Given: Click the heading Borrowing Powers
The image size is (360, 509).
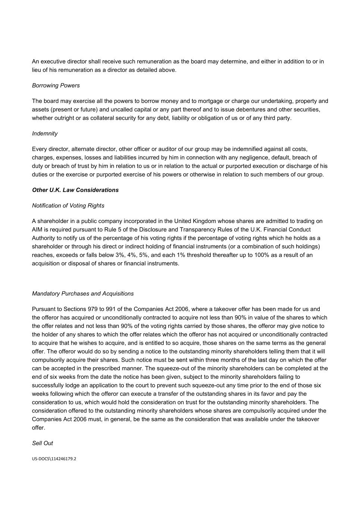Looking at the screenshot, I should (x=56, y=85).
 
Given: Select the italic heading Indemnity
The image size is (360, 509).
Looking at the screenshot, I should (x=45, y=133).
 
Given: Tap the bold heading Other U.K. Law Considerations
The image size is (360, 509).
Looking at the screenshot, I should (x=75, y=190).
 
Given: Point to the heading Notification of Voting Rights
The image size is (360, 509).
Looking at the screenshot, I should (x=68, y=205).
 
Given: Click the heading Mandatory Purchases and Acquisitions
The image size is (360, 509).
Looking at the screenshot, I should (x=82, y=293).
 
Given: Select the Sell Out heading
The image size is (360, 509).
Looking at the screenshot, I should (x=42, y=443).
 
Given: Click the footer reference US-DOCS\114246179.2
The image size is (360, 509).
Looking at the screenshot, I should (x=54, y=459).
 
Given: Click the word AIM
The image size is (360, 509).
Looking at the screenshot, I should (x=37, y=230).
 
